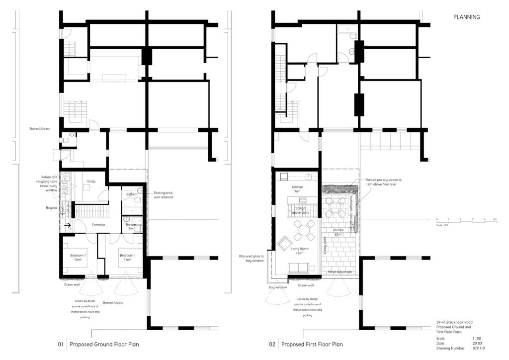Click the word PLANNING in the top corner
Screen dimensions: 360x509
(466, 17)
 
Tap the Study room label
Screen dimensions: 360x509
(91, 181)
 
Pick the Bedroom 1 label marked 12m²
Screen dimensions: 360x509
(127, 258)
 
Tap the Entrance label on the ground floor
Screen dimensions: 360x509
(98, 225)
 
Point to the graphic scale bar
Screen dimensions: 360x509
(466, 221)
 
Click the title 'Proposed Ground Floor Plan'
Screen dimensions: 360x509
(104, 344)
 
